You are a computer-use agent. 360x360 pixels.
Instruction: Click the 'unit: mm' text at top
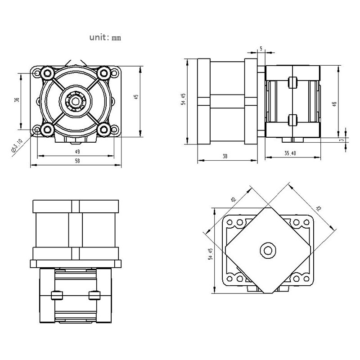click(105, 38)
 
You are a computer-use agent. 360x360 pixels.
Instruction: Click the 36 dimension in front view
click(17, 101)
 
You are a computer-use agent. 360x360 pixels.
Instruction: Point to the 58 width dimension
click(77, 162)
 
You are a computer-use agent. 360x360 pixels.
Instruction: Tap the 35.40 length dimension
click(290, 153)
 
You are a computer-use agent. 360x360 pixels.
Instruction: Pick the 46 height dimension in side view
click(334, 104)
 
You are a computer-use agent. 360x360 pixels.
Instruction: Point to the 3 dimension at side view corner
click(342, 140)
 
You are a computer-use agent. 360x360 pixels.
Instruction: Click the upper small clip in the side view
click(292, 82)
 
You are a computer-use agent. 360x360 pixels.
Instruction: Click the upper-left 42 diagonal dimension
click(233, 199)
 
